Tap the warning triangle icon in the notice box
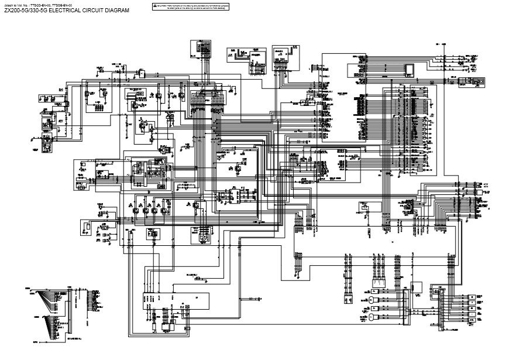[x=154, y=5]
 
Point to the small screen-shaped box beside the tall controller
[x=410, y=69]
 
